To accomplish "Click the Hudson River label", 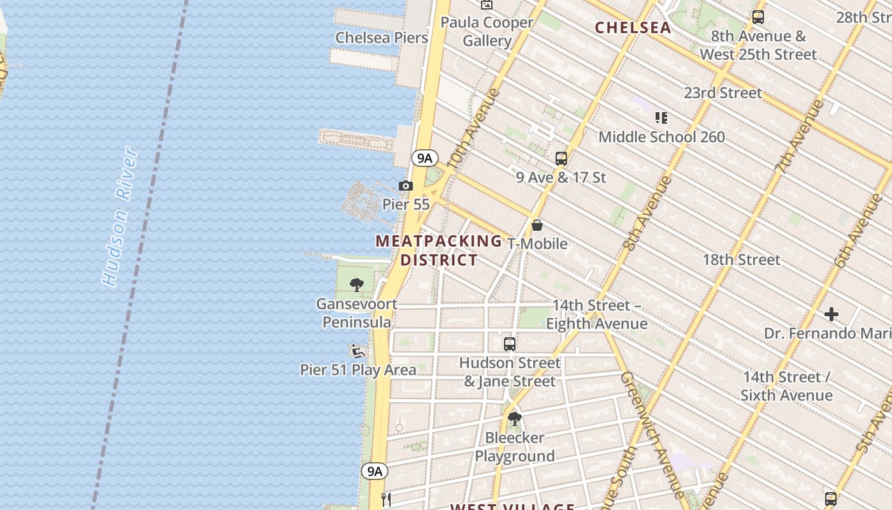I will (x=120, y=217).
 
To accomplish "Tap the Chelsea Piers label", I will (x=382, y=38).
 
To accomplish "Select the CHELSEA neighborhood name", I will (x=633, y=27).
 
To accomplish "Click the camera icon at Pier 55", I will (x=405, y=186).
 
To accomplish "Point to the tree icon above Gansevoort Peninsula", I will (x=357, y=284).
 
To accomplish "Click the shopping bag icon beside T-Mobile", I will (x=537, y=225).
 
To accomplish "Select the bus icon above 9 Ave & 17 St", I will (x=561, y=159).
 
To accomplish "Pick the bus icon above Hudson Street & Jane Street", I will (x=510, y=344).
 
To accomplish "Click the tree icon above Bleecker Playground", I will (x=515, y=419).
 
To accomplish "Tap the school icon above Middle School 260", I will (x=661, y=118).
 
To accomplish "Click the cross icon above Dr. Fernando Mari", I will (x=831, y=314).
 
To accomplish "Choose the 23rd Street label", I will (x=723, y=93).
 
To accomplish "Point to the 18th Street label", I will (x=741, y=259).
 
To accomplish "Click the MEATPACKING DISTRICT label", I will (x=439, y=251).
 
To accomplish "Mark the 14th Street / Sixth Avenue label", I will (x=786, y=386).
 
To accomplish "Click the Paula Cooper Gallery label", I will (x=487, y=32).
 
